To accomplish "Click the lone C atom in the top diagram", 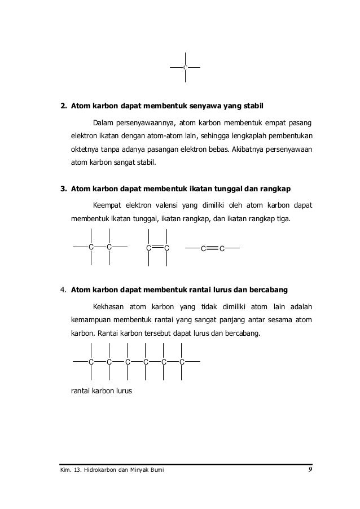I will point(185,68).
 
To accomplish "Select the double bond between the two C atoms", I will point(157,247).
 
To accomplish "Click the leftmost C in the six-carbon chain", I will point(91,361).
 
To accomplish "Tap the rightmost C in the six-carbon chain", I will point(182,361).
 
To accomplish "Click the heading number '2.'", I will point(64,106).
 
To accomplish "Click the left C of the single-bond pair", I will point(91,247).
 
